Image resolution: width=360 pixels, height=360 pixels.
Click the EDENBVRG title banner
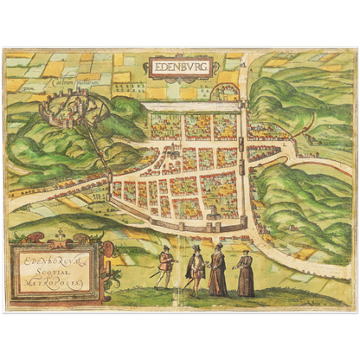(x=180, y=67)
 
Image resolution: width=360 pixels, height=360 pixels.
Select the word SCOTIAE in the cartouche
(x=57, y=267)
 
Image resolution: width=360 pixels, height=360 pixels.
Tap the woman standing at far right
(x=247, y=273)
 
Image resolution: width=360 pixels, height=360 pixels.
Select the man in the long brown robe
(x=218, y=270)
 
